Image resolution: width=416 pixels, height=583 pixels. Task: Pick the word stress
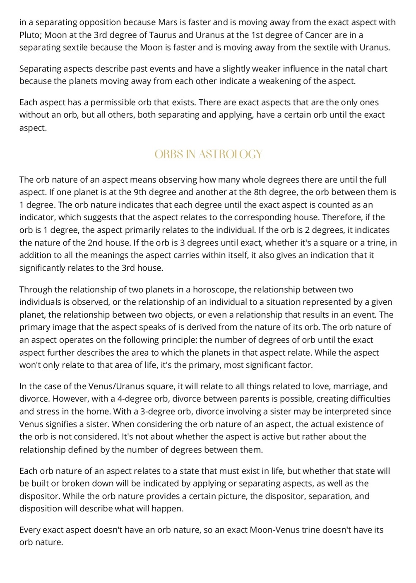[49, 412]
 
